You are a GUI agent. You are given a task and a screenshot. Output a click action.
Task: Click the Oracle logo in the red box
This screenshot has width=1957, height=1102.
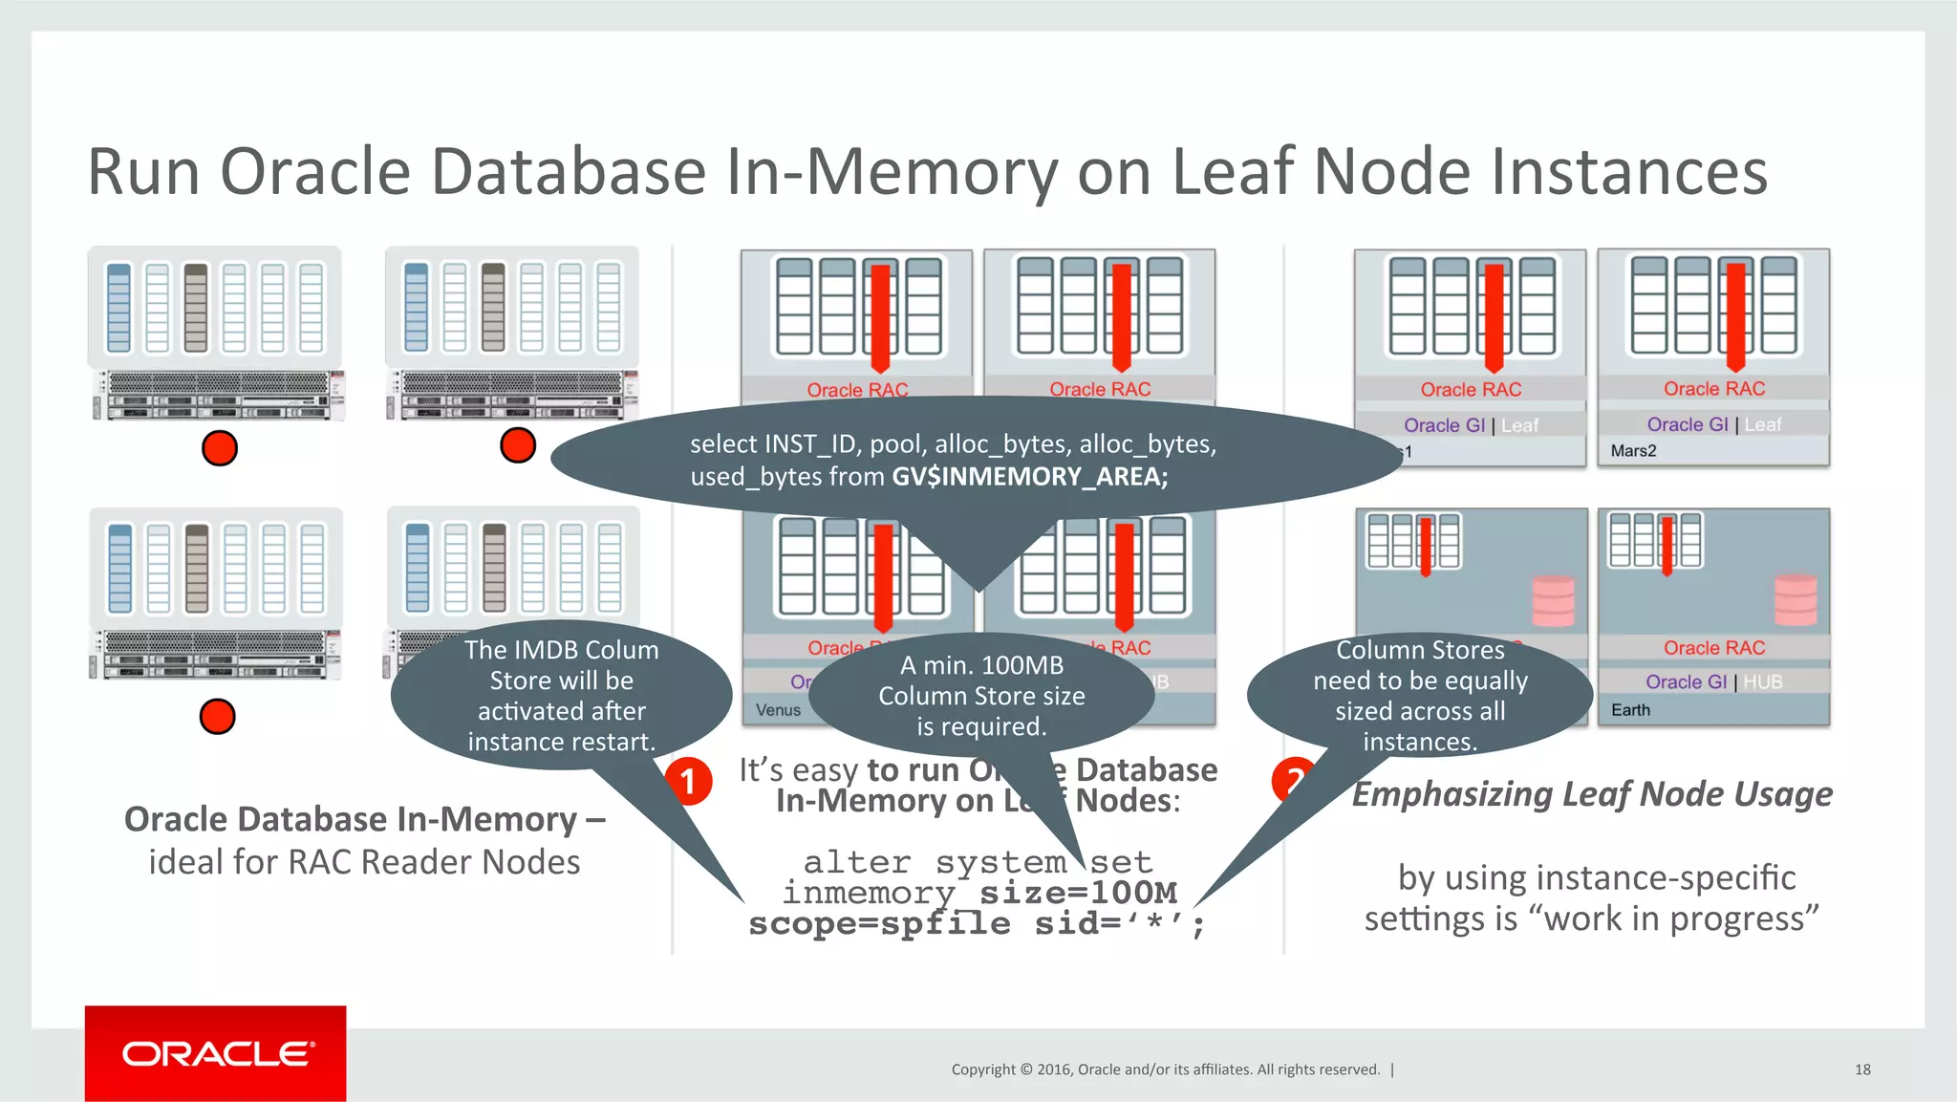217,1053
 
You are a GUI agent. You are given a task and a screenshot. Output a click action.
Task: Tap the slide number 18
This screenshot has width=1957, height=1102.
1861,1070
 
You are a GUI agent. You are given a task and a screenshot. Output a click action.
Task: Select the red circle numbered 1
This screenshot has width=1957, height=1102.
687,782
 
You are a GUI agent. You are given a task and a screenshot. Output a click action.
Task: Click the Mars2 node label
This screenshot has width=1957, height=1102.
1633,451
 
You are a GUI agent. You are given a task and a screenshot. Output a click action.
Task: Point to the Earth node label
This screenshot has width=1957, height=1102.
1630,710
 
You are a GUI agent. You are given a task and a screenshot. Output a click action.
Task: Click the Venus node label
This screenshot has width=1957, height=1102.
778,710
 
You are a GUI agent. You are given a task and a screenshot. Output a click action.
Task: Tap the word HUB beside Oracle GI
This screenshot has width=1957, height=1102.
1762,681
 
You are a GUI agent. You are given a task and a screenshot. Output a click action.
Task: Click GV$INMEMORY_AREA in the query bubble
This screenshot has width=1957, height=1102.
1029,476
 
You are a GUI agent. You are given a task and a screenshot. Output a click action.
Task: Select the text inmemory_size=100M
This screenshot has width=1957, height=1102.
980,893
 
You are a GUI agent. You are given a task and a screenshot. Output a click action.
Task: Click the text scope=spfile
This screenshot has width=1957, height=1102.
878,923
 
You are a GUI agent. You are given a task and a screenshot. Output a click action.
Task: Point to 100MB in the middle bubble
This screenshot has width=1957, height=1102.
1022,665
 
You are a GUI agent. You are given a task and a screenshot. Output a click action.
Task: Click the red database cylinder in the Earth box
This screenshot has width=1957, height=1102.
1796,600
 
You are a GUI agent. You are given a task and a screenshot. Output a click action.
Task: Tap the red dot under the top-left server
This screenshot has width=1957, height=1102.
220,447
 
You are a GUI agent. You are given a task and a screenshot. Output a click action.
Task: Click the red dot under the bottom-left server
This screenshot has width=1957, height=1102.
217,716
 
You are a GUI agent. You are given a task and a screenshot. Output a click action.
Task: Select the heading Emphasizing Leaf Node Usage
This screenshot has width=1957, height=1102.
1592,793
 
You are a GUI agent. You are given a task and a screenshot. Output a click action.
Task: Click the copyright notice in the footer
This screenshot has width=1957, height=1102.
1165,1070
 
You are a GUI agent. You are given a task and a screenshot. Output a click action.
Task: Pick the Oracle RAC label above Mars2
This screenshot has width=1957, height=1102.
1713,389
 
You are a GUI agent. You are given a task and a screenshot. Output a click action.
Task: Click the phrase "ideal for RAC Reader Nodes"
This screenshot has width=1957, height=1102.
364,862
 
